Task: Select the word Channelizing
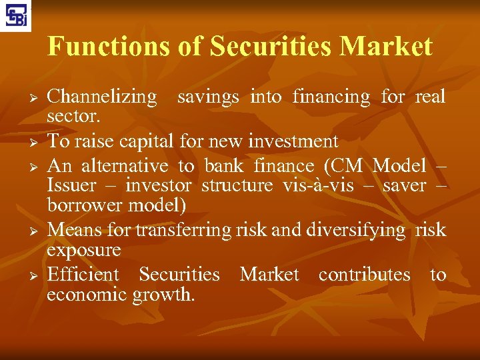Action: click(102, 97)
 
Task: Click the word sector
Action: click(73, 118)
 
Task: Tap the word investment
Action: click(293, 141)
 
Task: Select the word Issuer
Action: click(72, 185)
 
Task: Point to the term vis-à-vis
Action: click(313, 185)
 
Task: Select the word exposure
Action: click(84, 251)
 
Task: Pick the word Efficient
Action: click(83, 274)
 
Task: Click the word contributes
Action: click(364, 274)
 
